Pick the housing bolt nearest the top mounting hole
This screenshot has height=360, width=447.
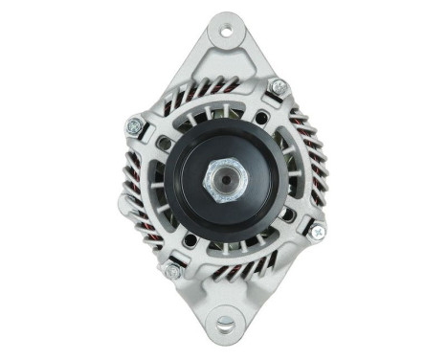pos(280,89)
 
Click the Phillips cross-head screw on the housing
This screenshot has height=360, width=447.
pos(316,231)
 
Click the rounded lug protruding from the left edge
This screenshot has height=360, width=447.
pos(124,203)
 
